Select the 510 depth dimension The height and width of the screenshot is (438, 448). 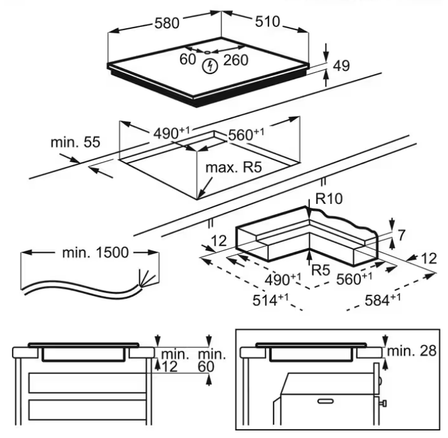[267, 23]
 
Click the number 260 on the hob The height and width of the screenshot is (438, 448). [236, 60]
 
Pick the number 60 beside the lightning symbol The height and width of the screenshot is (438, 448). [188, 60]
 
